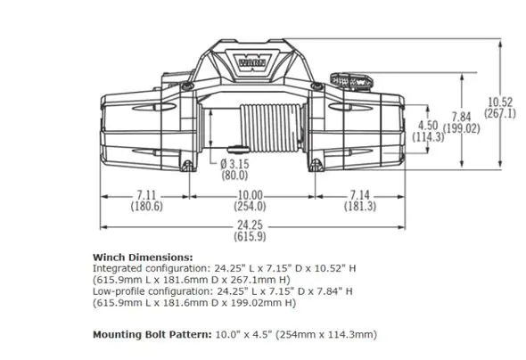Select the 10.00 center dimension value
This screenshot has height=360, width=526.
250,195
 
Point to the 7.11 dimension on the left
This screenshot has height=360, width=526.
146,195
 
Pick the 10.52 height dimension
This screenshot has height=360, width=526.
500,102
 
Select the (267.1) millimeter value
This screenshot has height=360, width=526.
500,113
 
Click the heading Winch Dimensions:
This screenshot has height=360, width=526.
136,257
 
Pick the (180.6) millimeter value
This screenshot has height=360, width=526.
146,206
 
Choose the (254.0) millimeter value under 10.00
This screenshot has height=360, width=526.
250,206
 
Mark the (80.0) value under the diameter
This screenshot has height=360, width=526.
235,175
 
